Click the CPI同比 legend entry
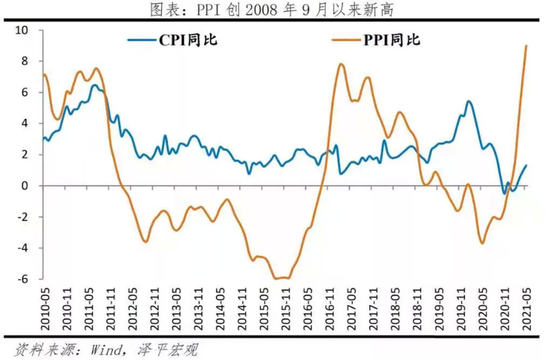click(172, 40)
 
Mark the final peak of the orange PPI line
click(526, 46)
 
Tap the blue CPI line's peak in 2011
click(95, 85)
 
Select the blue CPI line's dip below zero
click(504, 193)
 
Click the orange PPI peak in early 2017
click(341, 64)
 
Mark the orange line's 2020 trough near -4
click(482, 243)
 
